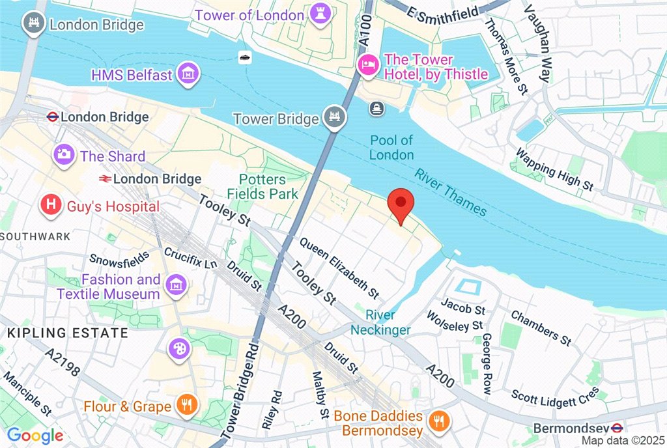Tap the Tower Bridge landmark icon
coord(334,119)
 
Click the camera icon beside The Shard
coord(64,156)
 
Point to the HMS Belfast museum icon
coord(188,74)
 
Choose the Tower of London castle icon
coord(320,14)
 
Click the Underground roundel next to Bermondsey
coord(618,428)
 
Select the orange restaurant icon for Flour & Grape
coord(186,406)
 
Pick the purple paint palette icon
coord(177,349)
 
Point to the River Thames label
coord(451,191)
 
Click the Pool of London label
coord(391,147)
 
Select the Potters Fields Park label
coord(263,186)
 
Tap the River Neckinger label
coord(380,322)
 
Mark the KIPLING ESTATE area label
coord(68,333)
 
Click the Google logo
coord(35,436)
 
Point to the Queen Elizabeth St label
coord(339,266)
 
